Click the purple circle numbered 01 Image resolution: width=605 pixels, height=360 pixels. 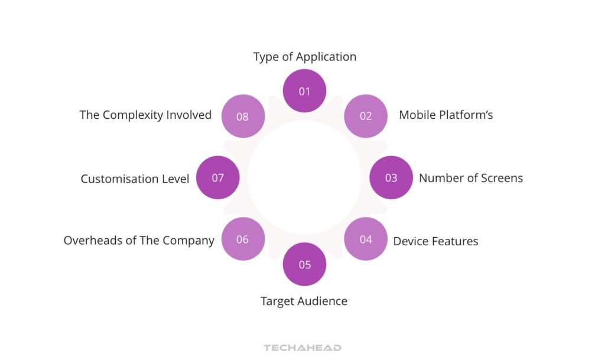[304, 91]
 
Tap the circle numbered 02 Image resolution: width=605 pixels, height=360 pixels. [366, 116]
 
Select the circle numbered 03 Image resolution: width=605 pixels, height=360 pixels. [391, 177]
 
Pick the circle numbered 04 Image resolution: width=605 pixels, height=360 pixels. [366, 239]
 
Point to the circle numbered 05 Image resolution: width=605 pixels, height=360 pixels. [304, 264]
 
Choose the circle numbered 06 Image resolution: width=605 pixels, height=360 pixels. [243, 239]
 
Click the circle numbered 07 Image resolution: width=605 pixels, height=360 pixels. [217, 177]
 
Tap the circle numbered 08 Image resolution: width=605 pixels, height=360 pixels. [243, 116]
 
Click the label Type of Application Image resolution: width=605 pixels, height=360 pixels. [305, 57]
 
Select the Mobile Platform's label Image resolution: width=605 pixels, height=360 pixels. [445, 115]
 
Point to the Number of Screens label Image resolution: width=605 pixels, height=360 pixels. [471, 178]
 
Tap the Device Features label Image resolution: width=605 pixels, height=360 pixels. [435, 241]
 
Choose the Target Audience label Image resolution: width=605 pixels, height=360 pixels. [304, 301]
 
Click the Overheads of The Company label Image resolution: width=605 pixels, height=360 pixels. [139, 241]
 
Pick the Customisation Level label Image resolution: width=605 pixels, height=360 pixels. [135, 179]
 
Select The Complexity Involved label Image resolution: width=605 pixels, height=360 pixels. [145, 115]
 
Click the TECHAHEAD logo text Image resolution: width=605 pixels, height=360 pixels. [302, 348]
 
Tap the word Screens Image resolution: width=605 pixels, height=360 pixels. [501, 178]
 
